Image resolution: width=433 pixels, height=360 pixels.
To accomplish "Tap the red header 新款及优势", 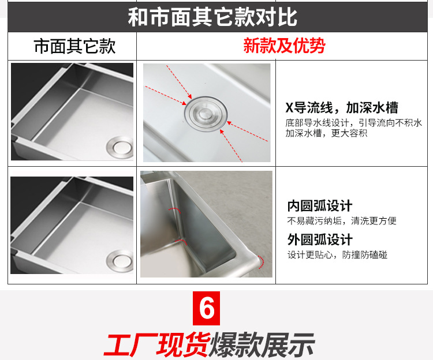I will pos(284,46).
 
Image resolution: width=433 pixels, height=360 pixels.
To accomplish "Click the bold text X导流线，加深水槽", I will pos(342,107).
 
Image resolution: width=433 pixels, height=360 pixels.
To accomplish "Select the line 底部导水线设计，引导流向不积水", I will pos(353,123).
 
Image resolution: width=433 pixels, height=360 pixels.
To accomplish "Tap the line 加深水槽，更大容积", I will pos(326,133).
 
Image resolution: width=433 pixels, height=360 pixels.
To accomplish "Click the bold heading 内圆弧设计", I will pos(320,206).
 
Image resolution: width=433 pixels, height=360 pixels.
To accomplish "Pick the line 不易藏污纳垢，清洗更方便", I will pos(342,221).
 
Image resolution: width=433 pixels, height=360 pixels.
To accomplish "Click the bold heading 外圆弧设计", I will pos(320,239).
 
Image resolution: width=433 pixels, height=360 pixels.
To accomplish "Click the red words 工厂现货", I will pos(156,344).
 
